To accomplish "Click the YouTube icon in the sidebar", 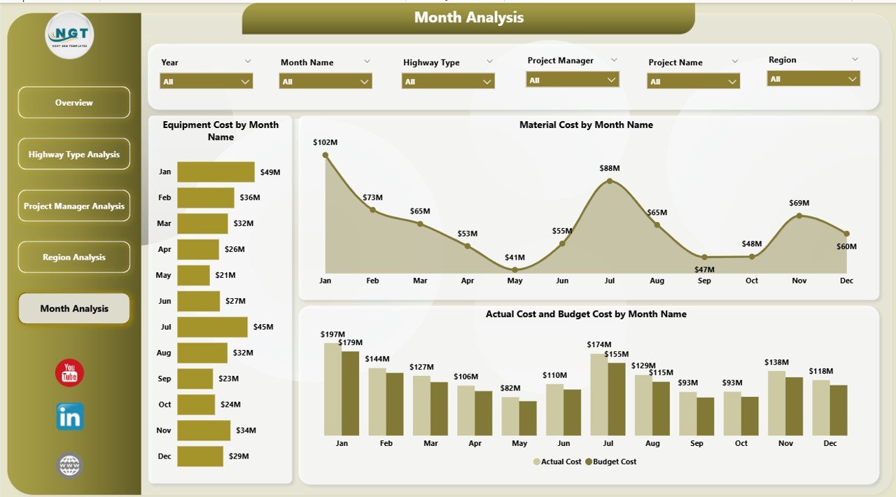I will pyautogui.click(x=69, y=373).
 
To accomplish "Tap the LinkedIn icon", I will pyautogui.click(x=70, y=416).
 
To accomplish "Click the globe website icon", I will pyautogui.click(x=70, y=465).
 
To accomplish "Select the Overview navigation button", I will pyautogui.click(x=74, y=103).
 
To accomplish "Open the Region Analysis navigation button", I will pyautogui.click(x=74, y=257).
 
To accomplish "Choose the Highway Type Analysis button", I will pyautogui.click(x=74, y=154).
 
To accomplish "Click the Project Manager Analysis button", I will pyautogui.click(x=74, y=206).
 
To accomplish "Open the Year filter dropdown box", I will pyautogui.click(x=206, y=82).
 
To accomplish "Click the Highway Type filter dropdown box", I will pyautogui.click(x=448, y=82).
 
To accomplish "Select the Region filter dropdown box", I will pyautogui.click(x=813, y=79).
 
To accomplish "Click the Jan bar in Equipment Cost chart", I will pyautogui.click(x=216, y=172).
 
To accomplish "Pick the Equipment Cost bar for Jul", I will pyautogui.click(x=212, y=327).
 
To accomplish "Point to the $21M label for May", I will pyautogui.click(x=225, y=275).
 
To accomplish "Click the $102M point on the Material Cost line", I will pyautogui.click(x=325, y=155).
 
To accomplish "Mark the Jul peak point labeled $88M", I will pyautogui.click(x=610, y=181).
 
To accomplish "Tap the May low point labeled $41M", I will pyautogui.click(x=514, y=269).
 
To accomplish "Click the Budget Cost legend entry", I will pyautogui.click(x=611, y=462).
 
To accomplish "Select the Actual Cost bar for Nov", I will pyautogui.click(x=776, y=402).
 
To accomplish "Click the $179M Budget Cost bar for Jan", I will pyautogui.click(x=350, y=393).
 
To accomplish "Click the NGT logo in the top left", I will pyautogui.click(x=69, y=35).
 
